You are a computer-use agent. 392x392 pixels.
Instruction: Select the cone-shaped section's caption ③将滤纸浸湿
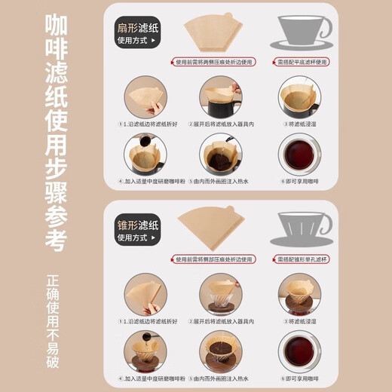pos(299,321)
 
